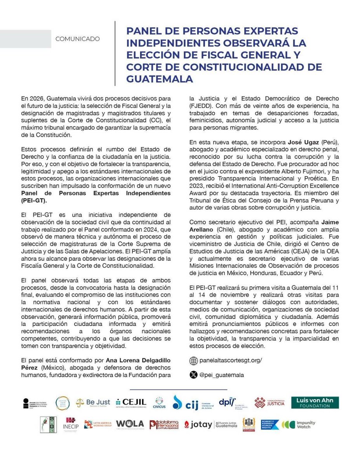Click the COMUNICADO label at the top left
point(77,39)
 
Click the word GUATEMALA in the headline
point(160,79)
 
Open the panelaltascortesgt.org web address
point(231,360)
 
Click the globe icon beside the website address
point(193,361)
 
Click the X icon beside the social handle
point(193,375)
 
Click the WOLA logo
point(130,424)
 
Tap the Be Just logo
point(93,403)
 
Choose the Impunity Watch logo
point(298,424)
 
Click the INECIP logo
point(70,424)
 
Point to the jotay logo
point(198,424)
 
